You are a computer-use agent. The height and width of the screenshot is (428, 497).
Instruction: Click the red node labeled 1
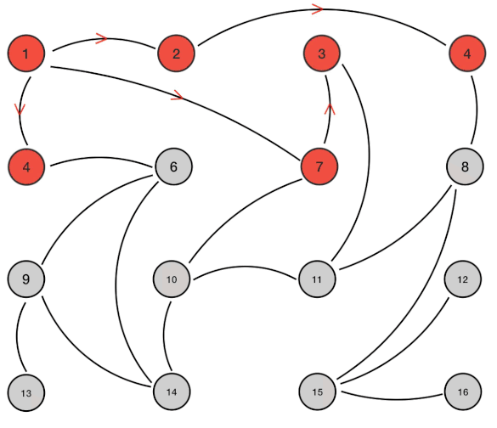(26, 53)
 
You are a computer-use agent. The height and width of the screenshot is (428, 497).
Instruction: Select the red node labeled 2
(176, 53)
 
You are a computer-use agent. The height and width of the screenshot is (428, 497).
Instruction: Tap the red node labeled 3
(322, 53)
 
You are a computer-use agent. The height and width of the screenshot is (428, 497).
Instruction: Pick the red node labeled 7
(319, 166)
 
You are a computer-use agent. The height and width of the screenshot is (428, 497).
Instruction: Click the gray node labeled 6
(173, 166)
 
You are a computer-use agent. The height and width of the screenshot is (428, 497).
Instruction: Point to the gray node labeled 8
(465, 166)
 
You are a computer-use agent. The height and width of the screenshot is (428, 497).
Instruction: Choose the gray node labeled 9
(26, 279)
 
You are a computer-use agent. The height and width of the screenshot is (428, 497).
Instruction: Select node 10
(172, 279)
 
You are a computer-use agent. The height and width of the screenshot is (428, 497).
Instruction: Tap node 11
(317, 279)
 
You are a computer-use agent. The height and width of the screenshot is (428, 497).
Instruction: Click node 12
(463, 279)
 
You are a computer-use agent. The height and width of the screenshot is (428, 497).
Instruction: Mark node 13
(26, 393)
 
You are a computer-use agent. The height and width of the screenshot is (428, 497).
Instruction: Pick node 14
(172, 391)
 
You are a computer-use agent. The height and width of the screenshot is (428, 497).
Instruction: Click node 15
(317, 391)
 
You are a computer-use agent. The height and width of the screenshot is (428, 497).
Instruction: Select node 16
(463, 391)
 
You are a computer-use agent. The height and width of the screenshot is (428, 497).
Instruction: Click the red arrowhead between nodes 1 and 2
(102, 38)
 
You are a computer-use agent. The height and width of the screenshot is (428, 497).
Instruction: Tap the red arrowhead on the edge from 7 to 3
(330, 109)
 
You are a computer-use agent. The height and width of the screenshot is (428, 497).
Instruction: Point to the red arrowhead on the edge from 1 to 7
(178, 96)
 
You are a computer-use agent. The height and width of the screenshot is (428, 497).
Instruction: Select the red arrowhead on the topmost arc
(318, 8)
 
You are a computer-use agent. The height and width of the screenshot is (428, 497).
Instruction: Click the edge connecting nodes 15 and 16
(393, 399)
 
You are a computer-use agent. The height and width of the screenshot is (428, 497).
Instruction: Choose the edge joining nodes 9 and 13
(17, 337)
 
